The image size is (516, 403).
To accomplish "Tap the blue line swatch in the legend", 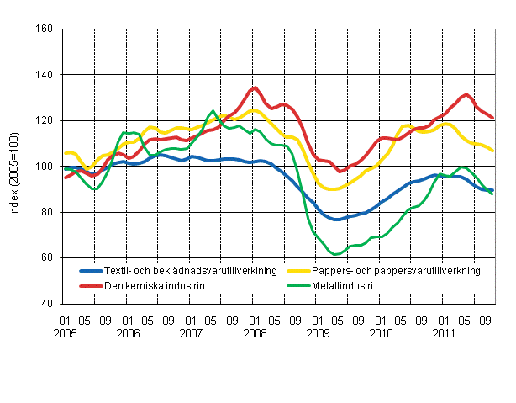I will click(90, 271).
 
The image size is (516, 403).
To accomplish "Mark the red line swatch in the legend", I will click(90, 285).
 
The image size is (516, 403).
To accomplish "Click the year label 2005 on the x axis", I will click(64, 332).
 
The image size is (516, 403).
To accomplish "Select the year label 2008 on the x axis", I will click(255, 332).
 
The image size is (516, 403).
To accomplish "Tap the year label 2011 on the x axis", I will click(445, 332).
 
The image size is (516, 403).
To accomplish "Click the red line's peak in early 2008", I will click(255, 87).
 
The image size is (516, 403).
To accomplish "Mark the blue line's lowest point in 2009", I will click(336, 219).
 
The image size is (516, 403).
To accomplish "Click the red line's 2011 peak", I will click(466, 94).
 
